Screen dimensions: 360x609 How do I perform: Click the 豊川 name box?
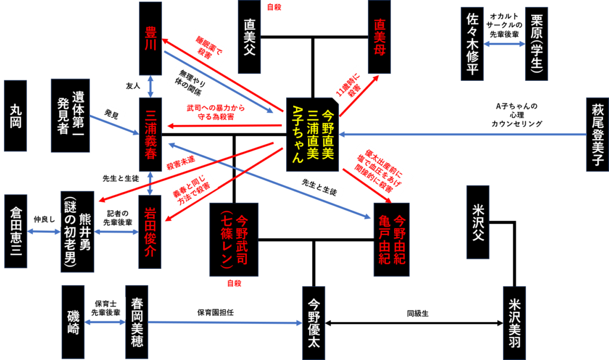(150, 38)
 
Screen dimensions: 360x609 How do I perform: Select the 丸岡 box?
(15, 115)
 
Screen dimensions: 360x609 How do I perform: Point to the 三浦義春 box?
(150, 134)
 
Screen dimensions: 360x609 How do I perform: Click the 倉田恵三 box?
(15, 231)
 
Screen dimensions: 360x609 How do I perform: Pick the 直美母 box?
(379, 37)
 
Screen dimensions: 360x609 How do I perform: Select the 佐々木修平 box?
(472, 43)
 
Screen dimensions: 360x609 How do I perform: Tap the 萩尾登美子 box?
(597, 134)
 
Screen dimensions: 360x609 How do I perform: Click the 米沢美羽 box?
(514, 323)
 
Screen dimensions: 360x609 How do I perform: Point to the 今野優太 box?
(313, 323)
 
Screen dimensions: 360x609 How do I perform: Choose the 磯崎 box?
(73, 322)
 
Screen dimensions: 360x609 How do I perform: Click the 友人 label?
(133, 86)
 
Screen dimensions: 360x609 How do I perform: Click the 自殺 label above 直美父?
(274, 7)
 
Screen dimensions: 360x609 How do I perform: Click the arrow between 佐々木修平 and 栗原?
(504, 43)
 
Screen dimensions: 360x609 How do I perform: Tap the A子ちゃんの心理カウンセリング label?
(516, 115)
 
